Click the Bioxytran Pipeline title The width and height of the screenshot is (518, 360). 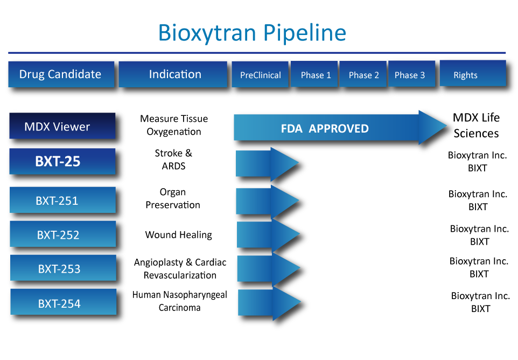(x=252, y=33)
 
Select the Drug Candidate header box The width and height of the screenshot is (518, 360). (x=61, y=74)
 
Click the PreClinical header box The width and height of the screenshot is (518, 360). (x=260, y=75)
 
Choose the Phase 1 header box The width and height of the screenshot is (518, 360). (x=315, y=75)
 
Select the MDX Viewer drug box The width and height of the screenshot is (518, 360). (x=62, y=127)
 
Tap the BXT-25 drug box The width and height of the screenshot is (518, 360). (x=62, y=161)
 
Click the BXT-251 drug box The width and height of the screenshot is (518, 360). (x=62, y=200)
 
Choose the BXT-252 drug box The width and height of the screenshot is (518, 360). (x=62, y=234)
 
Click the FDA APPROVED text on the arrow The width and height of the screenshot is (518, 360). (x=325, y=129)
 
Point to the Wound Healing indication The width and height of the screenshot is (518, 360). (x=178, y=235)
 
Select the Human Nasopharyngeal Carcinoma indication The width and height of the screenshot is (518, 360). (x=179, y=301)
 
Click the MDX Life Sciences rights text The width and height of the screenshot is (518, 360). (x=476, y=126)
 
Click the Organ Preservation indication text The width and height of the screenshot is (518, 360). (x=173, y=198)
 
